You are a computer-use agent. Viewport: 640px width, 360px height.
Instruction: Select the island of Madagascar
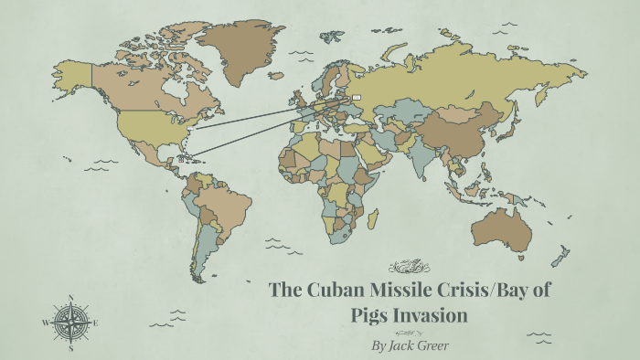coord(373,219)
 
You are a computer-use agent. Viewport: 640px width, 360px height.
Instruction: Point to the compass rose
coord(70,322)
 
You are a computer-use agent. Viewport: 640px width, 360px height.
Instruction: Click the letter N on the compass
coord(70,297)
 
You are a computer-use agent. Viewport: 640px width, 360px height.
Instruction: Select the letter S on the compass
coord(70,347)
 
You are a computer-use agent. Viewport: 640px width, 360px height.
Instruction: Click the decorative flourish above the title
coord(409,267)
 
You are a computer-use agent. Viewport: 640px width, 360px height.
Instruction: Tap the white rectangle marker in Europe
coord(356,97)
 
